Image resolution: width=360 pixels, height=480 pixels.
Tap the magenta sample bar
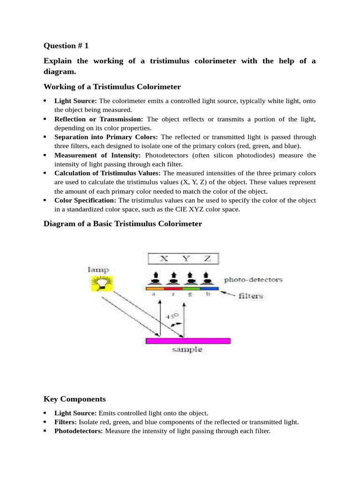(x=188, y=341)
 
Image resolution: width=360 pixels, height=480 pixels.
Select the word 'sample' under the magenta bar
(x=187, y=350)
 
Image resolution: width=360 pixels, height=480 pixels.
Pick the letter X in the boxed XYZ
(x=163, y=258)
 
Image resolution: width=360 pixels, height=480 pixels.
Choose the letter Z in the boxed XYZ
(x=208, y=258)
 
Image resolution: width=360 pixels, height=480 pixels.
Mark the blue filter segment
(x=210, y=288)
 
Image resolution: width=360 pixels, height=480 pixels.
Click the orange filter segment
(x=155, y=288)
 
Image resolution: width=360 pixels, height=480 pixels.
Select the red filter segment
(x=172, y=288)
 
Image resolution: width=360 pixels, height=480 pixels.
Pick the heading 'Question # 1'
(x=66, y=45)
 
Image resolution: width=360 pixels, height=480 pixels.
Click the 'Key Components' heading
(x=75, y=399)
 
